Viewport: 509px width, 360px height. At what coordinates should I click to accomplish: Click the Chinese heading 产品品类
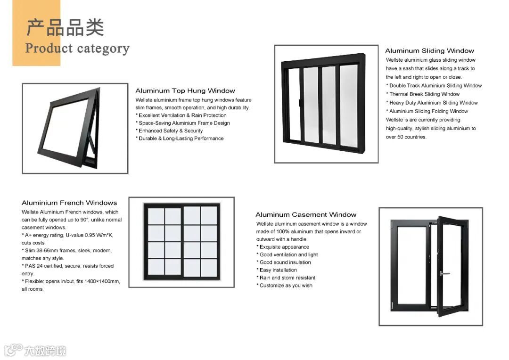pos(65,27)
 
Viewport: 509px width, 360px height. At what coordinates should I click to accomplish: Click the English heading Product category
pos(77,49)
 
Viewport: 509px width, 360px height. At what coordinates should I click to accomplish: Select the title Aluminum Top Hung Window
pos(185,90)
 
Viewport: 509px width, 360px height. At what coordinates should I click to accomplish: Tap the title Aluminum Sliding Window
pos(429,50)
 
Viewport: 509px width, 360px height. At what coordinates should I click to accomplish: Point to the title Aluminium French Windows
pos(69,203)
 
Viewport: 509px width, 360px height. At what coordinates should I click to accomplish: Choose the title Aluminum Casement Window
pos(306,214)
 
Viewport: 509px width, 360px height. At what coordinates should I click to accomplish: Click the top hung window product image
pos(75,128)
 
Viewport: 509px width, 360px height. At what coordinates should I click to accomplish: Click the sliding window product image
pos(326,104)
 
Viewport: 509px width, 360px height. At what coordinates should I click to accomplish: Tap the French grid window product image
pos(181,242)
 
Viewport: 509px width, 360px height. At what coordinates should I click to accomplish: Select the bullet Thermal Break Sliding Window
pos(424,94)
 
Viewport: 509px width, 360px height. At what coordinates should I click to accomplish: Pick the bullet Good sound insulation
pos(285,262)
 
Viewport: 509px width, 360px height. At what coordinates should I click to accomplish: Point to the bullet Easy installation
pos(278,270)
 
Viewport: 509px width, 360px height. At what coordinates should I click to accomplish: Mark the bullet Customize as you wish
pos(286,285)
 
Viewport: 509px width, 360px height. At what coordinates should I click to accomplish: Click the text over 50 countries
pos(406,137)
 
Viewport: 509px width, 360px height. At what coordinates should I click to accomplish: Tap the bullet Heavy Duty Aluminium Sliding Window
pos(433,102)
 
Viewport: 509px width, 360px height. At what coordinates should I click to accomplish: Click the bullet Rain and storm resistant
pos(287,278)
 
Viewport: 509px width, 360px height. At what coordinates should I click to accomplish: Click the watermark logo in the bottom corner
pos(35,350)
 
